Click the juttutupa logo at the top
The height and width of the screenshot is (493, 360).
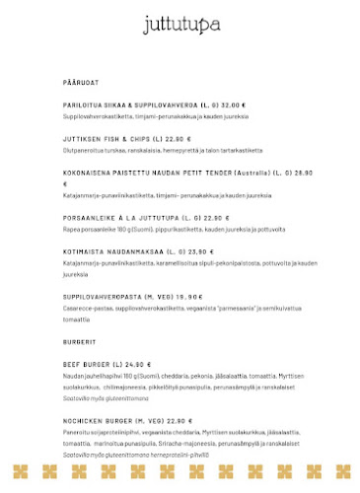click(180, 24)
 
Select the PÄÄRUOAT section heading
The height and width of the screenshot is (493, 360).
click(81, 82)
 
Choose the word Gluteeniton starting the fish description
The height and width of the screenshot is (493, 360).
click(83, 150)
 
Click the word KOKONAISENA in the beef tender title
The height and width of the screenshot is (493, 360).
click(88, 173)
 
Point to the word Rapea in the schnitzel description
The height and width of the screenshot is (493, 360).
click(71, 229)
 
